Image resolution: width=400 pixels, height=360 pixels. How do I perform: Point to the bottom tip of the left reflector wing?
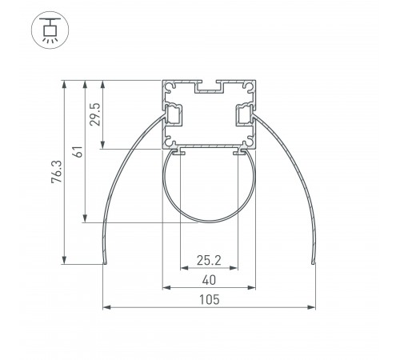tap(104, 262)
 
